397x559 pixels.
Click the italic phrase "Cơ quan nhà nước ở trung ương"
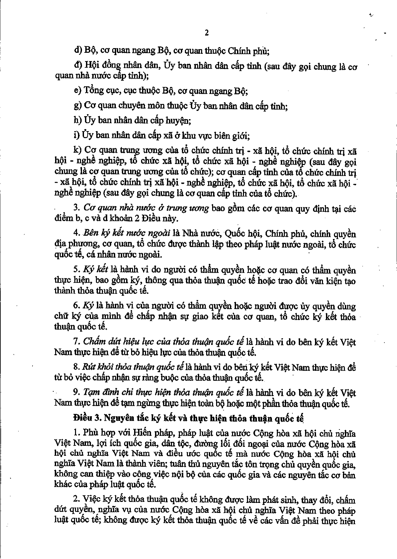click(x=146, y=208)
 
